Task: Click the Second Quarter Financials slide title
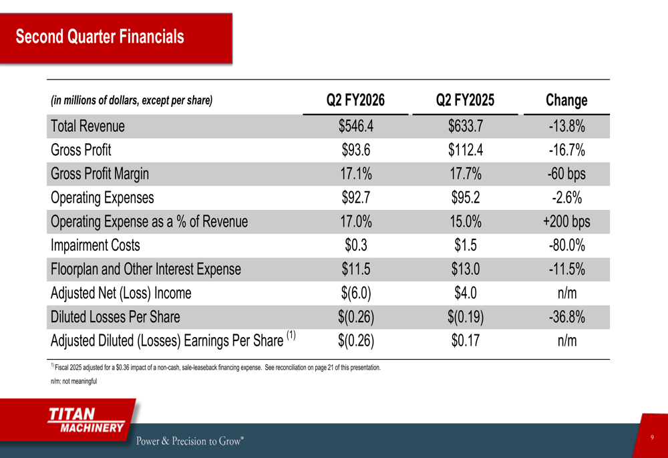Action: coord(100,37)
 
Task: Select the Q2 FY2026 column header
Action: coord(355,100)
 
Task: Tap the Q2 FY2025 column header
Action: coord(466,100)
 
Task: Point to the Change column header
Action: coord(566,100)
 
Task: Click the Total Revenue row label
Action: coord(88,126)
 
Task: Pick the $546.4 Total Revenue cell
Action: coord(355,126)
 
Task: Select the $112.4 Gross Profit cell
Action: coord(466,150)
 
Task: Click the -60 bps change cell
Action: coord(566,174)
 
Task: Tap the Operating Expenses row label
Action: coord(102,198)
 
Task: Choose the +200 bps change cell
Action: coord(566,222)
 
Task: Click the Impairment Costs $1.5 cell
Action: coord(466,245)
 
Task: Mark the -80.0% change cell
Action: coord(566,245)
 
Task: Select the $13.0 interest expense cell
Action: coord(466,269)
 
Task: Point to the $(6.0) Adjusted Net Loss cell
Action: coord(355,294)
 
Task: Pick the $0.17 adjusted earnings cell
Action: coord(466,341)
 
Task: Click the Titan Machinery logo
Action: coord(86,420)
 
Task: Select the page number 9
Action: coord(652,437)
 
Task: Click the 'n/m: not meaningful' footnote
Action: coord(74,381)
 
